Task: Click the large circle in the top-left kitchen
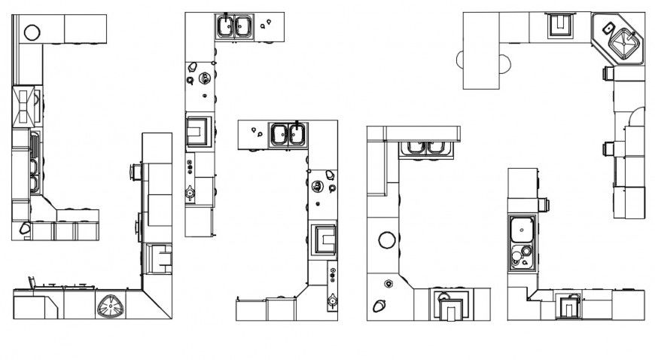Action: (x=32, y=32)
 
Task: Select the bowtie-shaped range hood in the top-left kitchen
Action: (x=24, y=105)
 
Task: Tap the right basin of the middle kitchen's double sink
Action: (x=297, y=135)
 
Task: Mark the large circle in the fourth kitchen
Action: (x=387, y=240)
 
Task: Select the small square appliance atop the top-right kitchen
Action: (x=559, y=26)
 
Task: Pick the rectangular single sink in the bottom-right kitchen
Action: (x=521, y=228)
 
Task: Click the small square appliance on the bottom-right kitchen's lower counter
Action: (x=568, y=307)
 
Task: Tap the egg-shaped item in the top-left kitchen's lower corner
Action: (x=25, y=227)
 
